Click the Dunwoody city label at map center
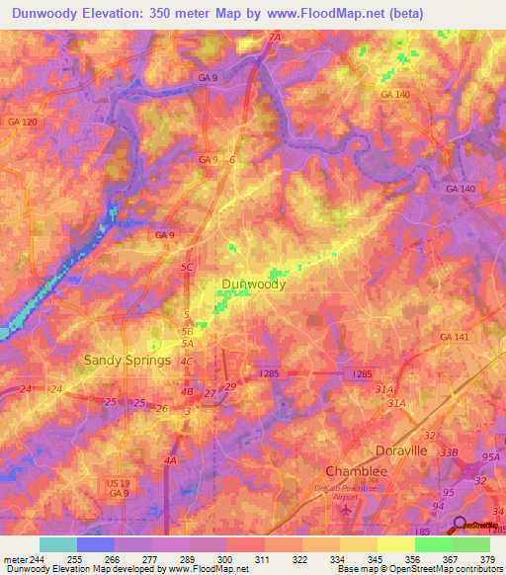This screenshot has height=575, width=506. [253, 285]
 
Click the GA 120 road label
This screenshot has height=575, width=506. [21, 122]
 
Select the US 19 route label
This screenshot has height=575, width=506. [119, 482]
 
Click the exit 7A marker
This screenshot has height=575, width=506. [274, 38]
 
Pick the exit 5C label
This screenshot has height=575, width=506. [188, 266]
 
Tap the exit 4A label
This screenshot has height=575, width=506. [171, 460]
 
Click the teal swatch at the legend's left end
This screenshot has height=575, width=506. [58, 544]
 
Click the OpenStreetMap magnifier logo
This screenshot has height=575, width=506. [460, 526]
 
